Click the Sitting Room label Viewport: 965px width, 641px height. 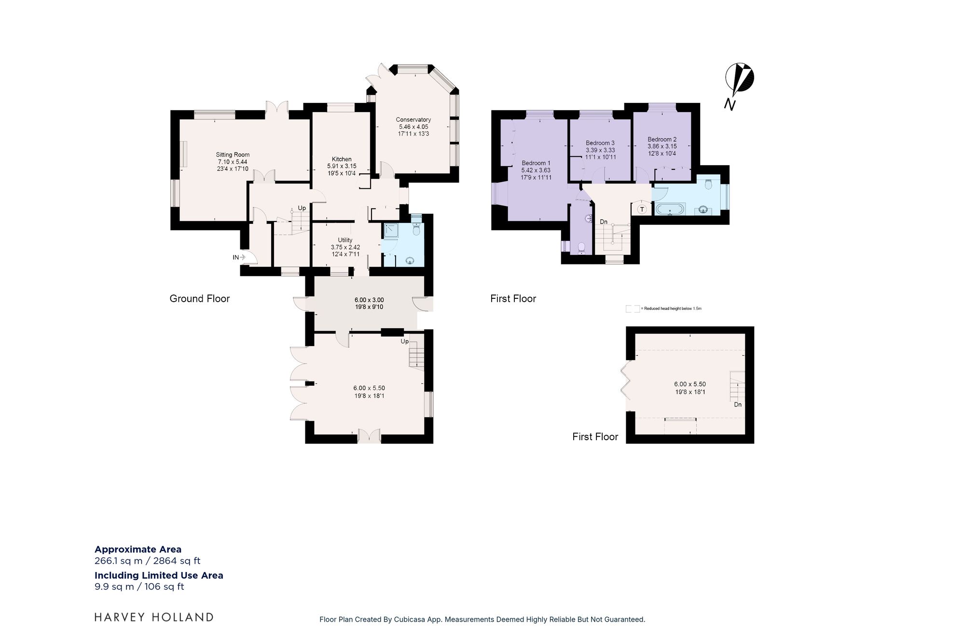233,155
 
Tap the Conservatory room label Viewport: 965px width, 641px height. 413,120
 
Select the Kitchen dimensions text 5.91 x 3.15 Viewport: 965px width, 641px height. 342,166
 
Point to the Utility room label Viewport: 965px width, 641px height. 345,240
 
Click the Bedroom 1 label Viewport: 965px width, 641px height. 536,163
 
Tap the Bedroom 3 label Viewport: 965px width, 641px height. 600,143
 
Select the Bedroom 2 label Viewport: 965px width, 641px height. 662,139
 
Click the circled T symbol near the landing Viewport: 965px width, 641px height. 642,209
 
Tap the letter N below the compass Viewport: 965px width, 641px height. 730,104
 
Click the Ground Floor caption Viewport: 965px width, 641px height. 199,299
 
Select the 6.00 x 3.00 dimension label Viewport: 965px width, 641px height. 369,300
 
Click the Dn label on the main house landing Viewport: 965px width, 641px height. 604,222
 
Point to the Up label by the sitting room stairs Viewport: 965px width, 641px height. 302,208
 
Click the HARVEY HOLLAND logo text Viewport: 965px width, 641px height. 153,617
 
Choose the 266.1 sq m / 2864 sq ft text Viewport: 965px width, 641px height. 147,561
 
